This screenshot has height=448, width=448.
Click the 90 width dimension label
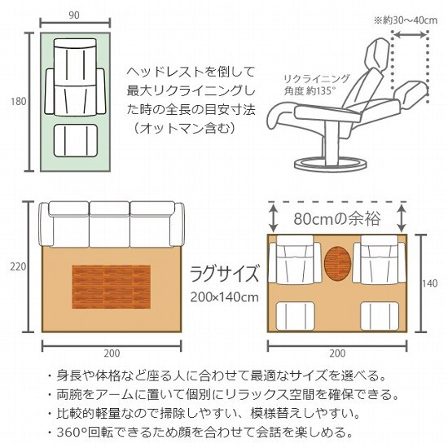pyautogui.click(x=73, y=14)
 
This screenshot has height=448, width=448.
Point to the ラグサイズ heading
pyautogui.click(x=224, y=271)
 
